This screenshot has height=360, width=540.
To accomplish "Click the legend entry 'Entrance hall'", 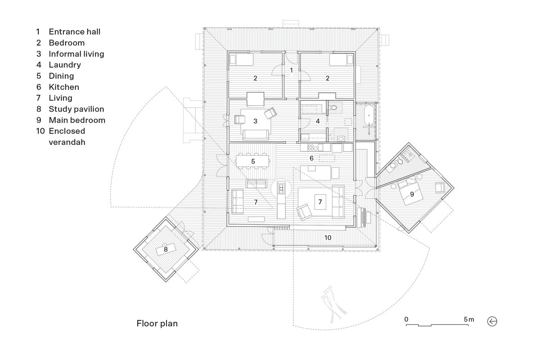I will (74, 31).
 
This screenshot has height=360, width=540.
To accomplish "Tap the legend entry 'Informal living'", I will (76, 54).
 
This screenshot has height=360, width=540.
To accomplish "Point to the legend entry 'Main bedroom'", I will (77, 120).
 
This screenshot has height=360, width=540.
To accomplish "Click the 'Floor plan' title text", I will (157, 323).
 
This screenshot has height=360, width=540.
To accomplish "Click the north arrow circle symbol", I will (492, 321).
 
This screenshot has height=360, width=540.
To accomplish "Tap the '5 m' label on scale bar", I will (468, 319).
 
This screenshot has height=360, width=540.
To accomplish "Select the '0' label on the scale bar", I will (406, 319).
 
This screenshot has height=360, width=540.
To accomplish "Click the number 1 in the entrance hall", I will (291, 70).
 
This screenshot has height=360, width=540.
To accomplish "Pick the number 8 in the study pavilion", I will (165, 248).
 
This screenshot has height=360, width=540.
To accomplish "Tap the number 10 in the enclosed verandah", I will (328, 237).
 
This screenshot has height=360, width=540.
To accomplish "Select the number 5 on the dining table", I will (253, 161).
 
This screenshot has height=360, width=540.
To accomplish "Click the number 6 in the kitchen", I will (311, 158).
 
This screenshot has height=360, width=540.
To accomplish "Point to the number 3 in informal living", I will (255, 121).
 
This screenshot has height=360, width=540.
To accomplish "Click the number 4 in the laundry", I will (317, 121).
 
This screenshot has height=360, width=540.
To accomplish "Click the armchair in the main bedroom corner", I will (440, 188).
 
